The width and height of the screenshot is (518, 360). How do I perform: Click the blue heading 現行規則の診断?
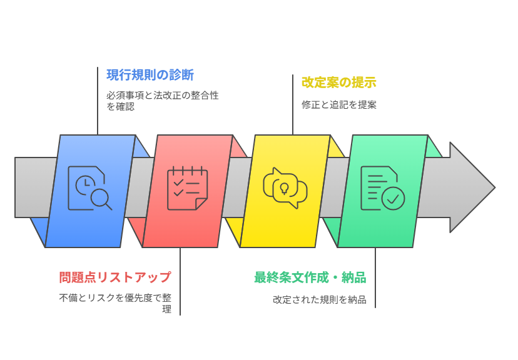point(150,76)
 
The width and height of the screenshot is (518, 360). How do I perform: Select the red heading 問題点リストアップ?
point(115,277)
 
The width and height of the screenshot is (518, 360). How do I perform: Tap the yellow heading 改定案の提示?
point(338,82)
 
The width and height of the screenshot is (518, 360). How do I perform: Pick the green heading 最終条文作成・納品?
point(310,277)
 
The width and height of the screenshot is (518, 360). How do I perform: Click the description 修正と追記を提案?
point(338,104)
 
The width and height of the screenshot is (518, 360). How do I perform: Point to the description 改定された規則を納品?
point(319,299)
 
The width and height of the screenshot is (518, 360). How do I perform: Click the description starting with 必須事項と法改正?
point(162,101)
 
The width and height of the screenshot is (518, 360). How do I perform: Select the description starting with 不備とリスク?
point(115,303)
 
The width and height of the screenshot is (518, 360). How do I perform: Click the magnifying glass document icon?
point(90,187)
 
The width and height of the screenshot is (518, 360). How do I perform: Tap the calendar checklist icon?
point(187,188)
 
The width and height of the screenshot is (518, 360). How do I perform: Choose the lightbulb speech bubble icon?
point(285,188)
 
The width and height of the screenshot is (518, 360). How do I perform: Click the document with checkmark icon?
point(382,188)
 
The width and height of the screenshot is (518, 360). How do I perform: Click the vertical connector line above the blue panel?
point(98,100)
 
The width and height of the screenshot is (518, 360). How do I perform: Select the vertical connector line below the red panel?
point(180,281)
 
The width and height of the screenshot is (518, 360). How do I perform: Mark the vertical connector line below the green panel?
point(375,277)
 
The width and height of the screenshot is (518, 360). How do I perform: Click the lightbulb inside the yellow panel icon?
point(285,188)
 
